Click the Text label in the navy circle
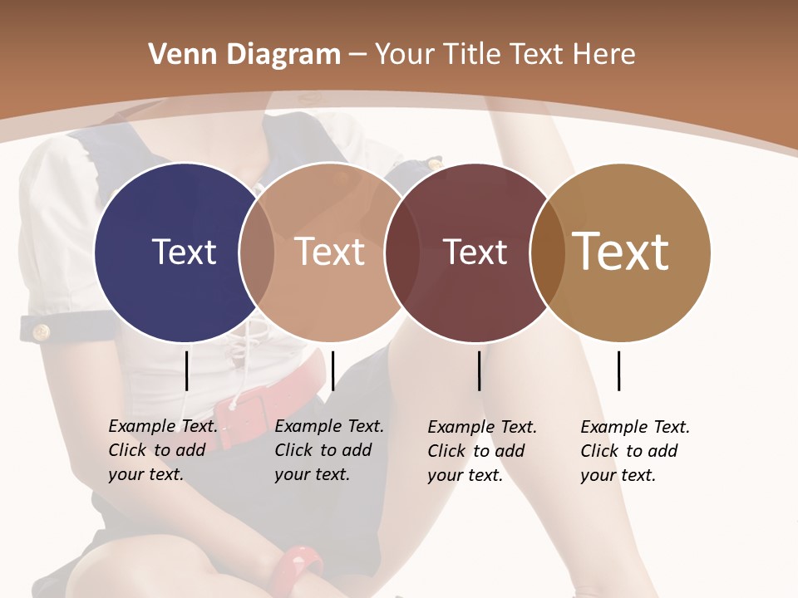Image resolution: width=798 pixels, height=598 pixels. point(184,252)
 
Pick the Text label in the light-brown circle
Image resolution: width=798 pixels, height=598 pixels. point(330,252)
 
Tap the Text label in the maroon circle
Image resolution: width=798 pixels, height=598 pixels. point(475,252)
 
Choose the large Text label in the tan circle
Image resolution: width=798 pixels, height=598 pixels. point(621,252)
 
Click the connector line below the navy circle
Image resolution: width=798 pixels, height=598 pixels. point(186,370)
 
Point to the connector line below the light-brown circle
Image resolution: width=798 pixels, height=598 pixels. point(332,370)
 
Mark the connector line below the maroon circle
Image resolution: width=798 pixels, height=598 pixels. point(479,370)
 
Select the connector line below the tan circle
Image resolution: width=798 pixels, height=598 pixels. point(618,370)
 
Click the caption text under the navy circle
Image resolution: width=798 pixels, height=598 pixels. point(163,450)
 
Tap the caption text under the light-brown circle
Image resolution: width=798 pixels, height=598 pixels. point(329,450)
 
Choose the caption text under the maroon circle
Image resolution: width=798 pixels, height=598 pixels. point(482,451)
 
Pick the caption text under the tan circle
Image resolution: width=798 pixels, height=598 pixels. point(635,451)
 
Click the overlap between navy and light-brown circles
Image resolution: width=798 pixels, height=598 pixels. point(257,252)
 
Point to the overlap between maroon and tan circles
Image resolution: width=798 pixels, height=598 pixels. point(548,252)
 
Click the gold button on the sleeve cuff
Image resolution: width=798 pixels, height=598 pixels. point(40,332)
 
